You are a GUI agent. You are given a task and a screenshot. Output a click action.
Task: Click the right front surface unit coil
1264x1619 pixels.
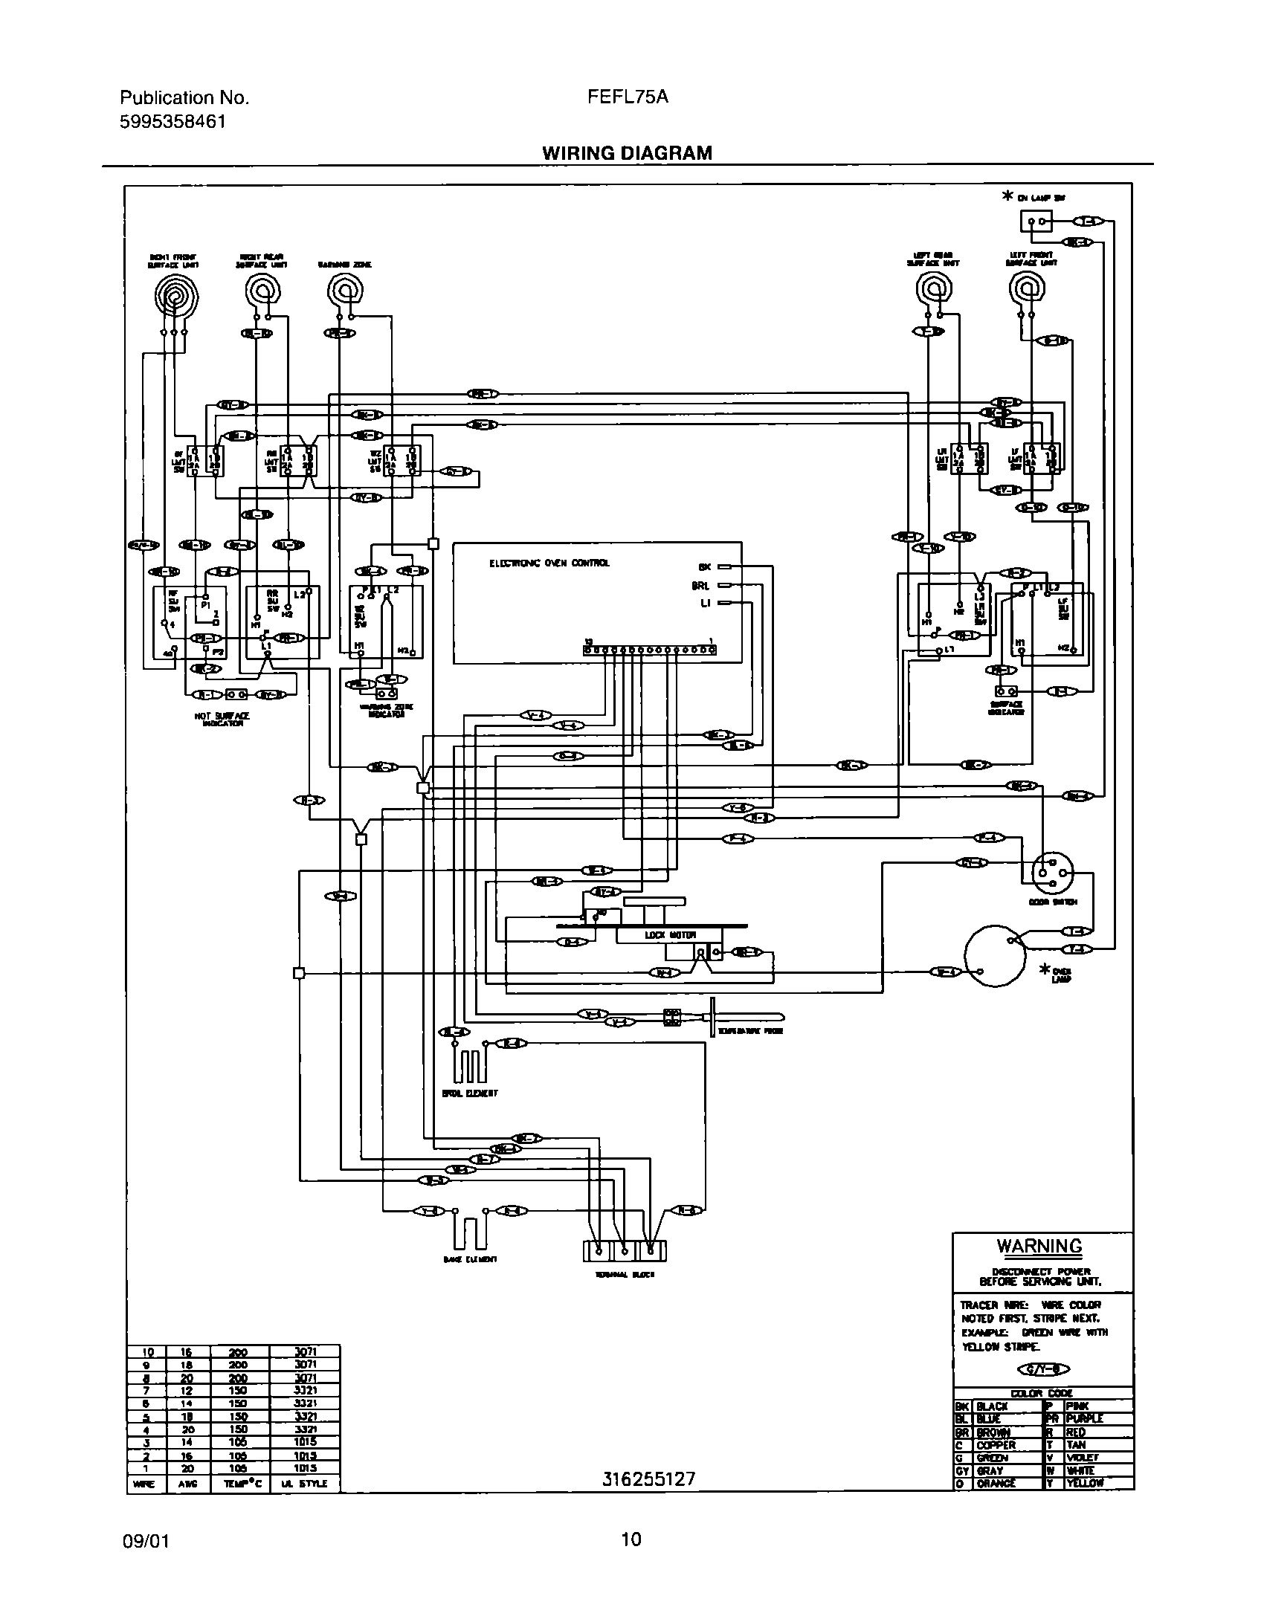pyautogui.click(x=173, y=298)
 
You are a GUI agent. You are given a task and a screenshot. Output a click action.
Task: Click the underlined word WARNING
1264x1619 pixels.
pyautogui.click(x=1039, y=1247)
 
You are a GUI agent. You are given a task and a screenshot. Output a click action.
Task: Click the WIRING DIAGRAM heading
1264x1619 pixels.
pyautogui.click(x=627, y=153)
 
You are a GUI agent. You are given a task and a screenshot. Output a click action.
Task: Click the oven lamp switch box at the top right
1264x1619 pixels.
pyautogui.click(x=1036, y=221)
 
